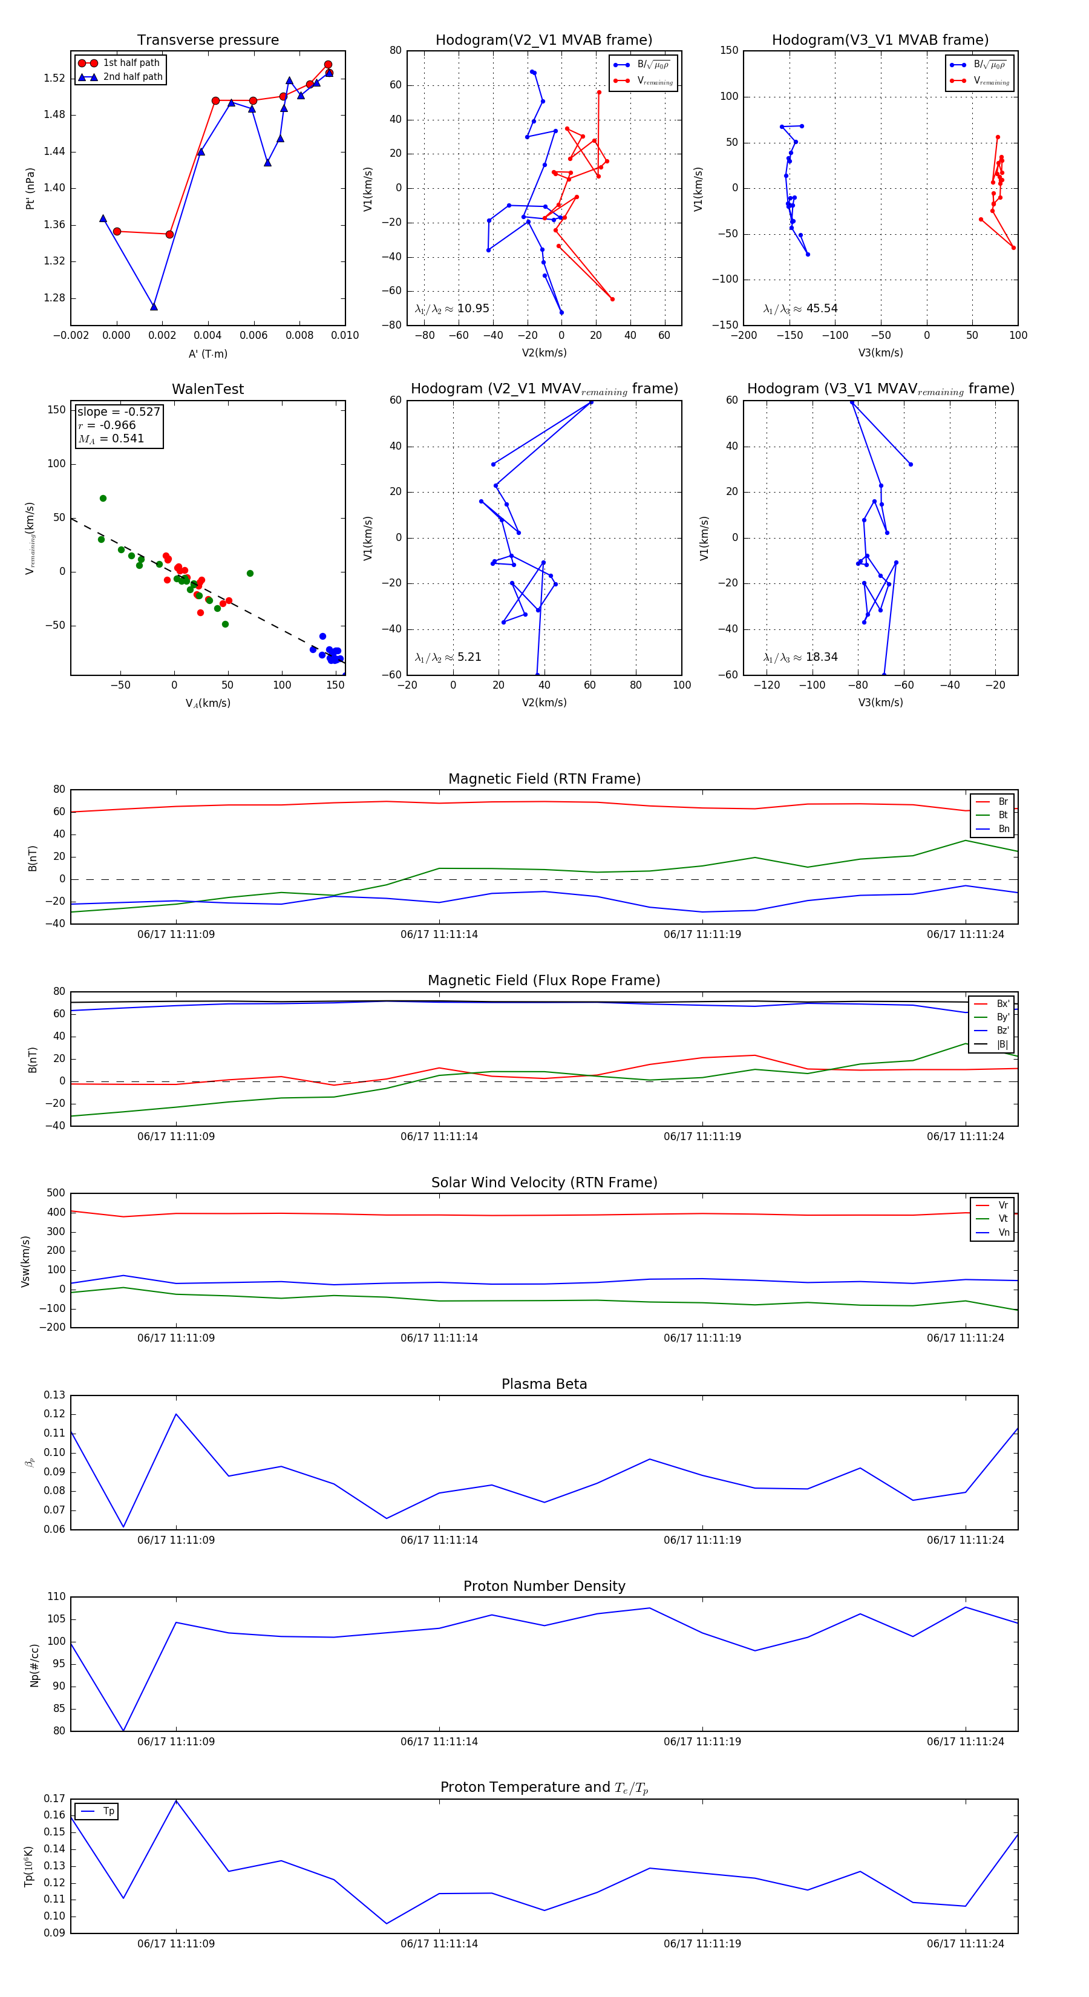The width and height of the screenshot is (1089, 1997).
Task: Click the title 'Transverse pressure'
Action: pos(208,39)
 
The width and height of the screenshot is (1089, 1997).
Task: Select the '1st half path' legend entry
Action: pos(131,63)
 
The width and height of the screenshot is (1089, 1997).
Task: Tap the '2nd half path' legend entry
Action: pos(132,77)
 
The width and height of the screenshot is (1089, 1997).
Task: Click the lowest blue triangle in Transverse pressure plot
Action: pos(154,307)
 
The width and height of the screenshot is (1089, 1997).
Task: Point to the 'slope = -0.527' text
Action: pos(119,412)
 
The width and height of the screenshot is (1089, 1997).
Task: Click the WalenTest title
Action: pos(208,389)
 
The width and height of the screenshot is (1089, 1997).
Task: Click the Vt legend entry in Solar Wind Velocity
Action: pos(1003,1219)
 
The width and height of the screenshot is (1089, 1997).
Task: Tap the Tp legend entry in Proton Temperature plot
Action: pos(108,1811)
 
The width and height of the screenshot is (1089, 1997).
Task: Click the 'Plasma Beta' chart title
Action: pos(544,1384)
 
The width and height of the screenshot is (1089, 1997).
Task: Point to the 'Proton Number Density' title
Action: pos(544,1586)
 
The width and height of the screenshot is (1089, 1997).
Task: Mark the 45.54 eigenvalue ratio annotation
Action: pos(822,309)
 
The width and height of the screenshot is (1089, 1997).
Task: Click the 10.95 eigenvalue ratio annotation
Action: pos(473,309)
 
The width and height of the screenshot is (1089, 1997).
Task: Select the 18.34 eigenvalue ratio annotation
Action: pos(822,657)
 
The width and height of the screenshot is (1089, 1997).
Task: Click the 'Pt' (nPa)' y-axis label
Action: pos(30,188)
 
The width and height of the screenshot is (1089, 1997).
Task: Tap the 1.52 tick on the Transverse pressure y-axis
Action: pos(54,78)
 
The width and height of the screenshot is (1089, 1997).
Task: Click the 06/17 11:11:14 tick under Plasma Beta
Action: pos(439,1540)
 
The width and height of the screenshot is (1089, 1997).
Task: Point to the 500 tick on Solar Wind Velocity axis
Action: pos(56,1193)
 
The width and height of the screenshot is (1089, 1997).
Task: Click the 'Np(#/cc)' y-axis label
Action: pos(34,1665)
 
